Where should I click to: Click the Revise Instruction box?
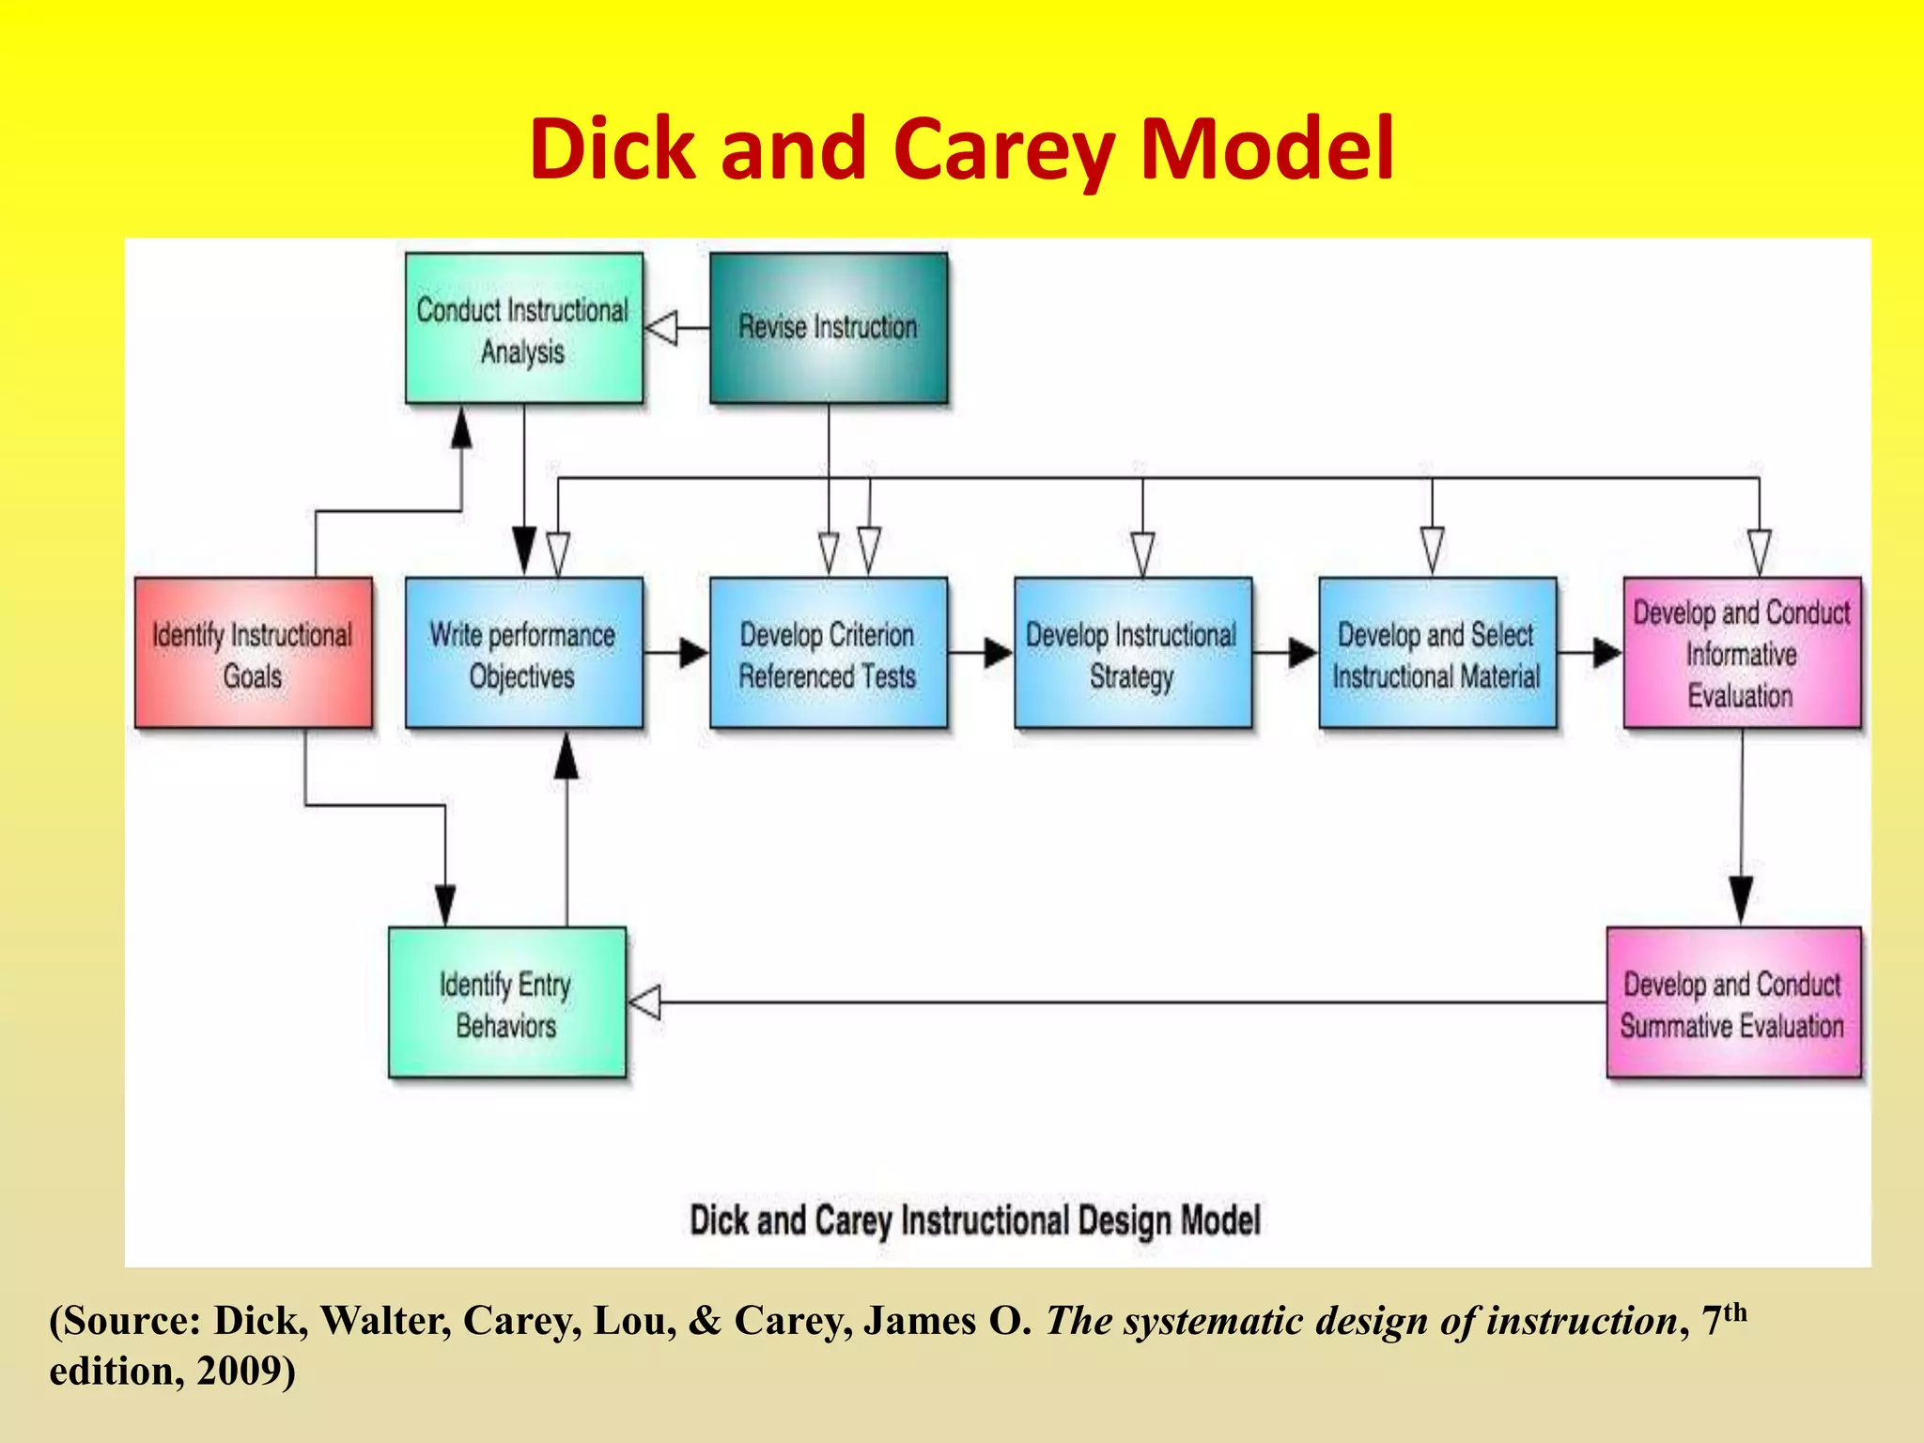point(828,328)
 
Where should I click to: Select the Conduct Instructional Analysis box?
point(523,329)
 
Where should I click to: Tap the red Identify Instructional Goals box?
point(253,653)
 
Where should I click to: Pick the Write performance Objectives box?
point(523,653)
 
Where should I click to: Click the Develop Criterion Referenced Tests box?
point(828,653)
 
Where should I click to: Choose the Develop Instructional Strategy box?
point(1132,653)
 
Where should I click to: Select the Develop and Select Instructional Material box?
point(1436,653)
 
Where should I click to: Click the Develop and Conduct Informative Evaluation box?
point(1742,653)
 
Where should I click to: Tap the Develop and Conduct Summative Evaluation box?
point(1733,1002)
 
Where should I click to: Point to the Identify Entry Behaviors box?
point(506,1002)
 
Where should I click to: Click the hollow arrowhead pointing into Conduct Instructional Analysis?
point(662,328)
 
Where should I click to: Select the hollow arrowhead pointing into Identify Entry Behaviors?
point(644,1002)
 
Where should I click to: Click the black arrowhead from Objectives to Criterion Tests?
point(693,652)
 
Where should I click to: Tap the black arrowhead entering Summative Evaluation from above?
point(1741,899)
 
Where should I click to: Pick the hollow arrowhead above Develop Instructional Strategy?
point(1142,552)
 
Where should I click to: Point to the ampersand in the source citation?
point(705,1321)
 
